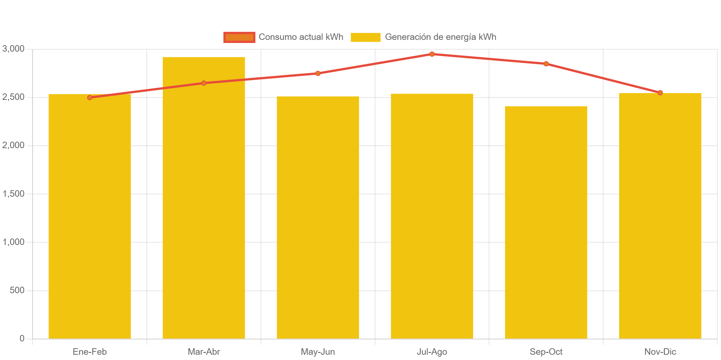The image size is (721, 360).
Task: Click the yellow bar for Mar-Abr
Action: click(204, 198)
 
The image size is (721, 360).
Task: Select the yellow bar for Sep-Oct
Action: click(546, 223)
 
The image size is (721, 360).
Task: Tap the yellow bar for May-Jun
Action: click(318, 216)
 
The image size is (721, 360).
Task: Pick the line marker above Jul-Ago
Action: click(432, 54)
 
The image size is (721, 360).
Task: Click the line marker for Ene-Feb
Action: click(90, 97)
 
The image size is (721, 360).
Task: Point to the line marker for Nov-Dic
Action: click(660, 92)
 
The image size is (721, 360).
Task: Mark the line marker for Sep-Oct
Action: click(546, 64)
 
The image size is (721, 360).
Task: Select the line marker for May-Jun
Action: click(318, 73)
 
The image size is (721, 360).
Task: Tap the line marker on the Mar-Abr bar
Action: click(204, 83)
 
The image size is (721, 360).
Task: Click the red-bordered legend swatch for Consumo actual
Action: click(239, 37)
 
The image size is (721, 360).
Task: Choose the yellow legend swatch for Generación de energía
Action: click(365, 37)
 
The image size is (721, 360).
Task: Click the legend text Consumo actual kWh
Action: click(301, 37)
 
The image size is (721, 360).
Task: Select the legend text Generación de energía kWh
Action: click(440, 37)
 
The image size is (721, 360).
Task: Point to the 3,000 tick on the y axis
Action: click(13, 49)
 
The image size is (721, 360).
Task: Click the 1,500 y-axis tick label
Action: click(13, 194)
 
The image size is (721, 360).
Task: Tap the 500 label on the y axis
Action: click(17, 290)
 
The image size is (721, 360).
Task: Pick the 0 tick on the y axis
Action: click(22, 338)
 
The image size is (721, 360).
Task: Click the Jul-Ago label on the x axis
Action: click(432, 352)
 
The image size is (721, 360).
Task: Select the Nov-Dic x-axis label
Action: click(660, 352)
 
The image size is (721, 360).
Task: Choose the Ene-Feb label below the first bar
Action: click(90, 352)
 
